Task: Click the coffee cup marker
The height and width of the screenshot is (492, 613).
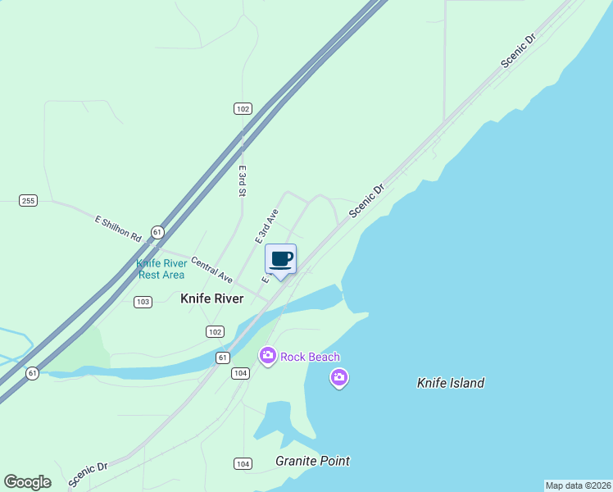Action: [x=280, y=259]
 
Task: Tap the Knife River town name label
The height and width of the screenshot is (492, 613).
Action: [x=211, y=298]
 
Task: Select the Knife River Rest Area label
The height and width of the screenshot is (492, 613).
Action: [x=161, y=269]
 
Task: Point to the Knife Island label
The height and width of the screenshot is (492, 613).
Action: [x=451, y=383]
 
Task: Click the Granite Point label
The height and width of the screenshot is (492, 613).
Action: [x=312, y=461]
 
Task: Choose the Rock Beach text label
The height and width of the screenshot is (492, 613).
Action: [x=310, y=357]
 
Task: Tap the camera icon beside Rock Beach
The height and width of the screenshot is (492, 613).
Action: [x=267, y=356]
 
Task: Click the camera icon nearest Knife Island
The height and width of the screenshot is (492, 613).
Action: [x=338, y=378]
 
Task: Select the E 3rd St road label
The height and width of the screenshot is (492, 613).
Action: [x=243, y=181]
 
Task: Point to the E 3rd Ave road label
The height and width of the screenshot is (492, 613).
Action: [x=267, y=225]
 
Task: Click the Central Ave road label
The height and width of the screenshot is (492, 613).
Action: [x=212, y=269]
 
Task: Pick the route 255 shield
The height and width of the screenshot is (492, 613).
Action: [x=29, y=200]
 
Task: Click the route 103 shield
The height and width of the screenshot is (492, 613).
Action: [x=143, y=302]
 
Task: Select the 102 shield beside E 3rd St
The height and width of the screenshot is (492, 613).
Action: [x=242, y=108]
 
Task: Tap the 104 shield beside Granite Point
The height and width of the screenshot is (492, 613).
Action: [x=242, y=464]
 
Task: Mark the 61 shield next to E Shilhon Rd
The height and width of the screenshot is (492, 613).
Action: [x=157, y=233]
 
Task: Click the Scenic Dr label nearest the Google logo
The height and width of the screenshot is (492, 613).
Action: [x=89, y=474]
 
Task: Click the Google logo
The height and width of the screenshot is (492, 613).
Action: [x=27, y=482]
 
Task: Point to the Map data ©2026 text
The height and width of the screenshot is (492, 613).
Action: [x=578, y=485]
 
